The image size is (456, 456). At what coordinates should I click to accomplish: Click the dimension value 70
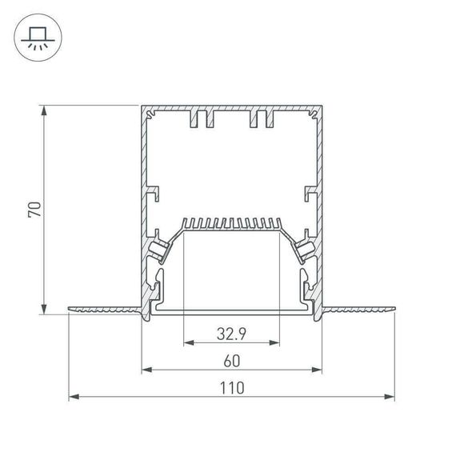tap(34, 210)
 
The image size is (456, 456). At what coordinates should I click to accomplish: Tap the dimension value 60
tap(232, 360)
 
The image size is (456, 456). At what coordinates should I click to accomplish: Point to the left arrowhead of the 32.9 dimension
tap(189, 342)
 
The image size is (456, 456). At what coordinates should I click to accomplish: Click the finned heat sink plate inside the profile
tap(232, 224)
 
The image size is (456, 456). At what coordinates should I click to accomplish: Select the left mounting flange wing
tap(105, 309)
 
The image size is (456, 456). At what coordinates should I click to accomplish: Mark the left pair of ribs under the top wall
tap(202, 119)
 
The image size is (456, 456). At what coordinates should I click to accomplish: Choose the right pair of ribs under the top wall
tap(262, 119)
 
